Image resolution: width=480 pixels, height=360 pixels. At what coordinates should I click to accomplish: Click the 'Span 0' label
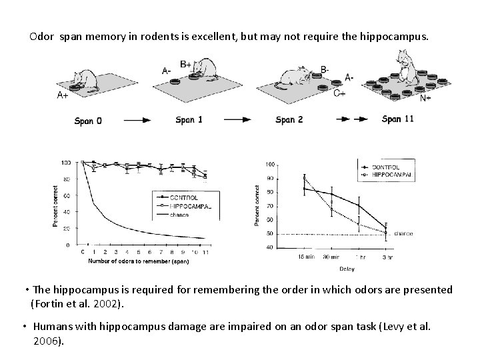pos(89,121)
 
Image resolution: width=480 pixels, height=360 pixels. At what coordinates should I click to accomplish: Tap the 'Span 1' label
pos(189,121)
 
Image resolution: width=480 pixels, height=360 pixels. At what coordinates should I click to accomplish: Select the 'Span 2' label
pos(289,121)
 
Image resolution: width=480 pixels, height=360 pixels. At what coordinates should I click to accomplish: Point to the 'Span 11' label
pos(399,119)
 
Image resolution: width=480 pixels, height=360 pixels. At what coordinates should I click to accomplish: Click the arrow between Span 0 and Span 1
pos(141,121)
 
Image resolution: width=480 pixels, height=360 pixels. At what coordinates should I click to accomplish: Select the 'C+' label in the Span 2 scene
pos(339,93)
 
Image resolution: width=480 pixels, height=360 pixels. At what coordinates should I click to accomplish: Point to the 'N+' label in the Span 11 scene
pos(424,98)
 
